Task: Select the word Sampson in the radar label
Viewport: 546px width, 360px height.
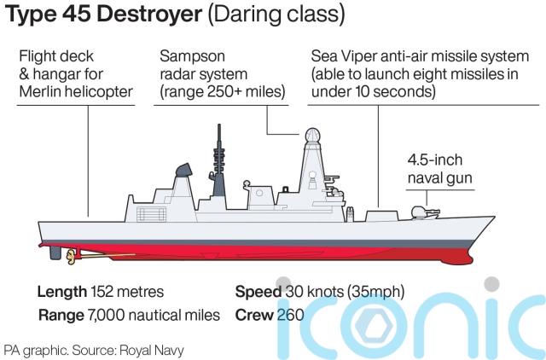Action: [191, 56]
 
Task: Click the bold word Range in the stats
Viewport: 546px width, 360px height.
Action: [60, 315]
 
